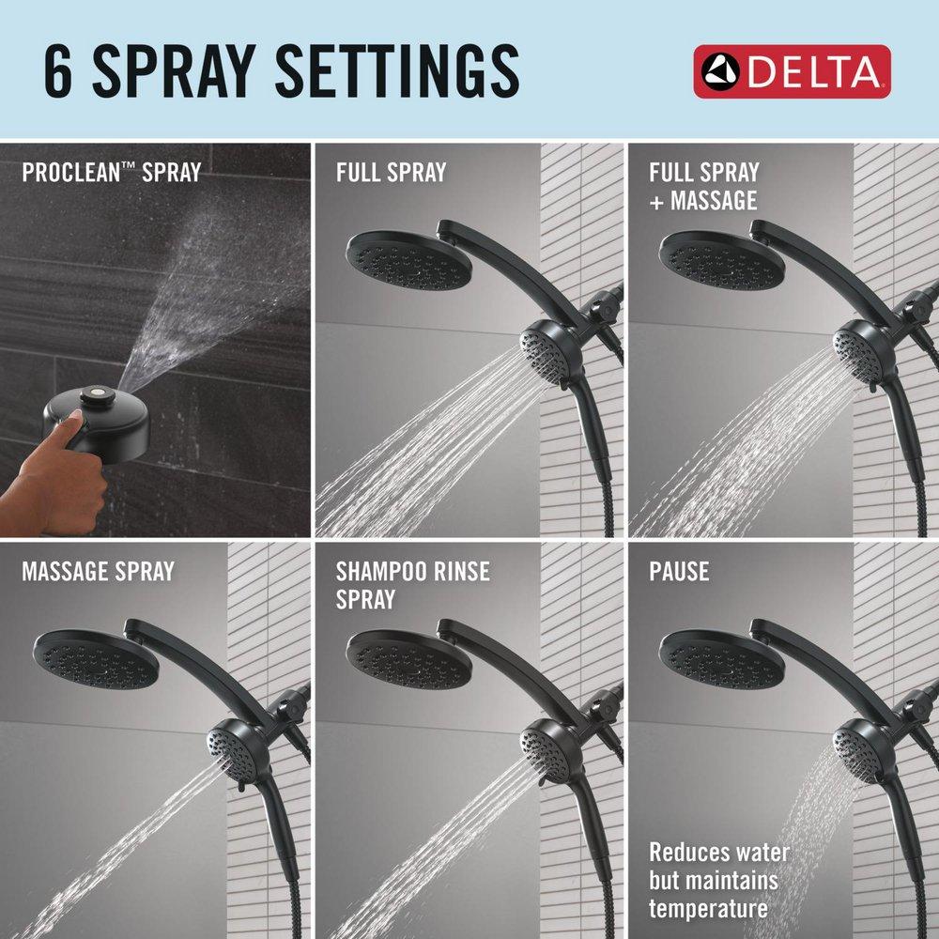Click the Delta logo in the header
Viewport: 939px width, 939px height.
pos(792,71)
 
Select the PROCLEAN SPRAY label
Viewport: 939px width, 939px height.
pos(111,173)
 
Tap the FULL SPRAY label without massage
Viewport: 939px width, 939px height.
pos(391,173)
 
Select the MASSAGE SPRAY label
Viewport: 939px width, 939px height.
pos(98,571)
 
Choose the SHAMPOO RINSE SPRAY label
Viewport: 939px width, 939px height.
pos(412,584)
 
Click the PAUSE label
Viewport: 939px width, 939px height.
pos(679,571)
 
